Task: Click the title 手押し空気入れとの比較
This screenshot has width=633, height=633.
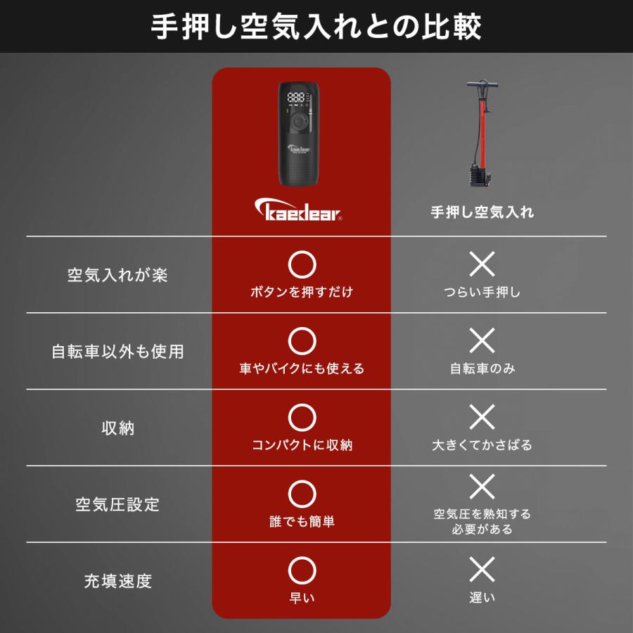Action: (x=316, y=27)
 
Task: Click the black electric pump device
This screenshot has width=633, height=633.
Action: (x=300, y=134)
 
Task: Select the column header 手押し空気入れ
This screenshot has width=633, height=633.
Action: (x=482, y=212)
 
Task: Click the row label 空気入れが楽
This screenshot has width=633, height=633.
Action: (x=117, y=275)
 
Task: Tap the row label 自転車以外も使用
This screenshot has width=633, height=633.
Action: (x=117, y=352)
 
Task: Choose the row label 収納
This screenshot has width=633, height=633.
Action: (x=117, y=428)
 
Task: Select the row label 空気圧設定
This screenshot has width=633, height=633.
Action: (x=117, y=505)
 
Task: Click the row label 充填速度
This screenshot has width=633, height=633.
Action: (x=117, y=581)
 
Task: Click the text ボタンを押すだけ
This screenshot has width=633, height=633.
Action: (x=302, y=292)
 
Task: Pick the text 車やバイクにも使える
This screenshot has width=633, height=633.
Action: (x=302, y=369)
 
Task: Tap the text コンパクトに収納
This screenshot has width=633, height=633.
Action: (x=302, y=445)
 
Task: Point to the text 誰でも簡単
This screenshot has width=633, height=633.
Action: (x=302, y=521)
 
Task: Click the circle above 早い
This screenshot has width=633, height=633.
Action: (x=302, y=569)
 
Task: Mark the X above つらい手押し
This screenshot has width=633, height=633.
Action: (x=482, y=264)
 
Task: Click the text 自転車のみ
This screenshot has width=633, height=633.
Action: (x=482, y=369)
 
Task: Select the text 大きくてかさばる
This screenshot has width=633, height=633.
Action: (x=482, y=445)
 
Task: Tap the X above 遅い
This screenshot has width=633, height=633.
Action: (x=482, y=569)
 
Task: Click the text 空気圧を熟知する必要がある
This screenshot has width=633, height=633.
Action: (x=482, y=521)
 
